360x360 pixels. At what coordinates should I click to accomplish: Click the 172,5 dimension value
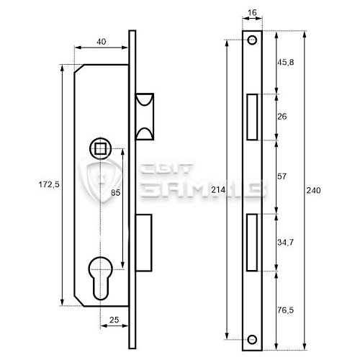pos(49,184)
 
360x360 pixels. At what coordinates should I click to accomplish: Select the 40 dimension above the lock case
pos(102,42)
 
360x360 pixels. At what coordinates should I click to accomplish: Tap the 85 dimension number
pos(115,192)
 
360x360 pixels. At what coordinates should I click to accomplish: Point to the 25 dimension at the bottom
pos(114,320)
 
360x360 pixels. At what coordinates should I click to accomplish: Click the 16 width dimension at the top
pos(252,12)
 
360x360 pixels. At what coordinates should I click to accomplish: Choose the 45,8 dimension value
pos(286,63)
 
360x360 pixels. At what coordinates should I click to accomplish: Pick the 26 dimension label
pos(282,117)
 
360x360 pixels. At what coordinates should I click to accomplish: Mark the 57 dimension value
pos(282,176)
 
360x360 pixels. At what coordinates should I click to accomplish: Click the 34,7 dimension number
pos(286,243)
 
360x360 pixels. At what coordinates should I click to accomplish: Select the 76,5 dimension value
pos(286,310)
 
